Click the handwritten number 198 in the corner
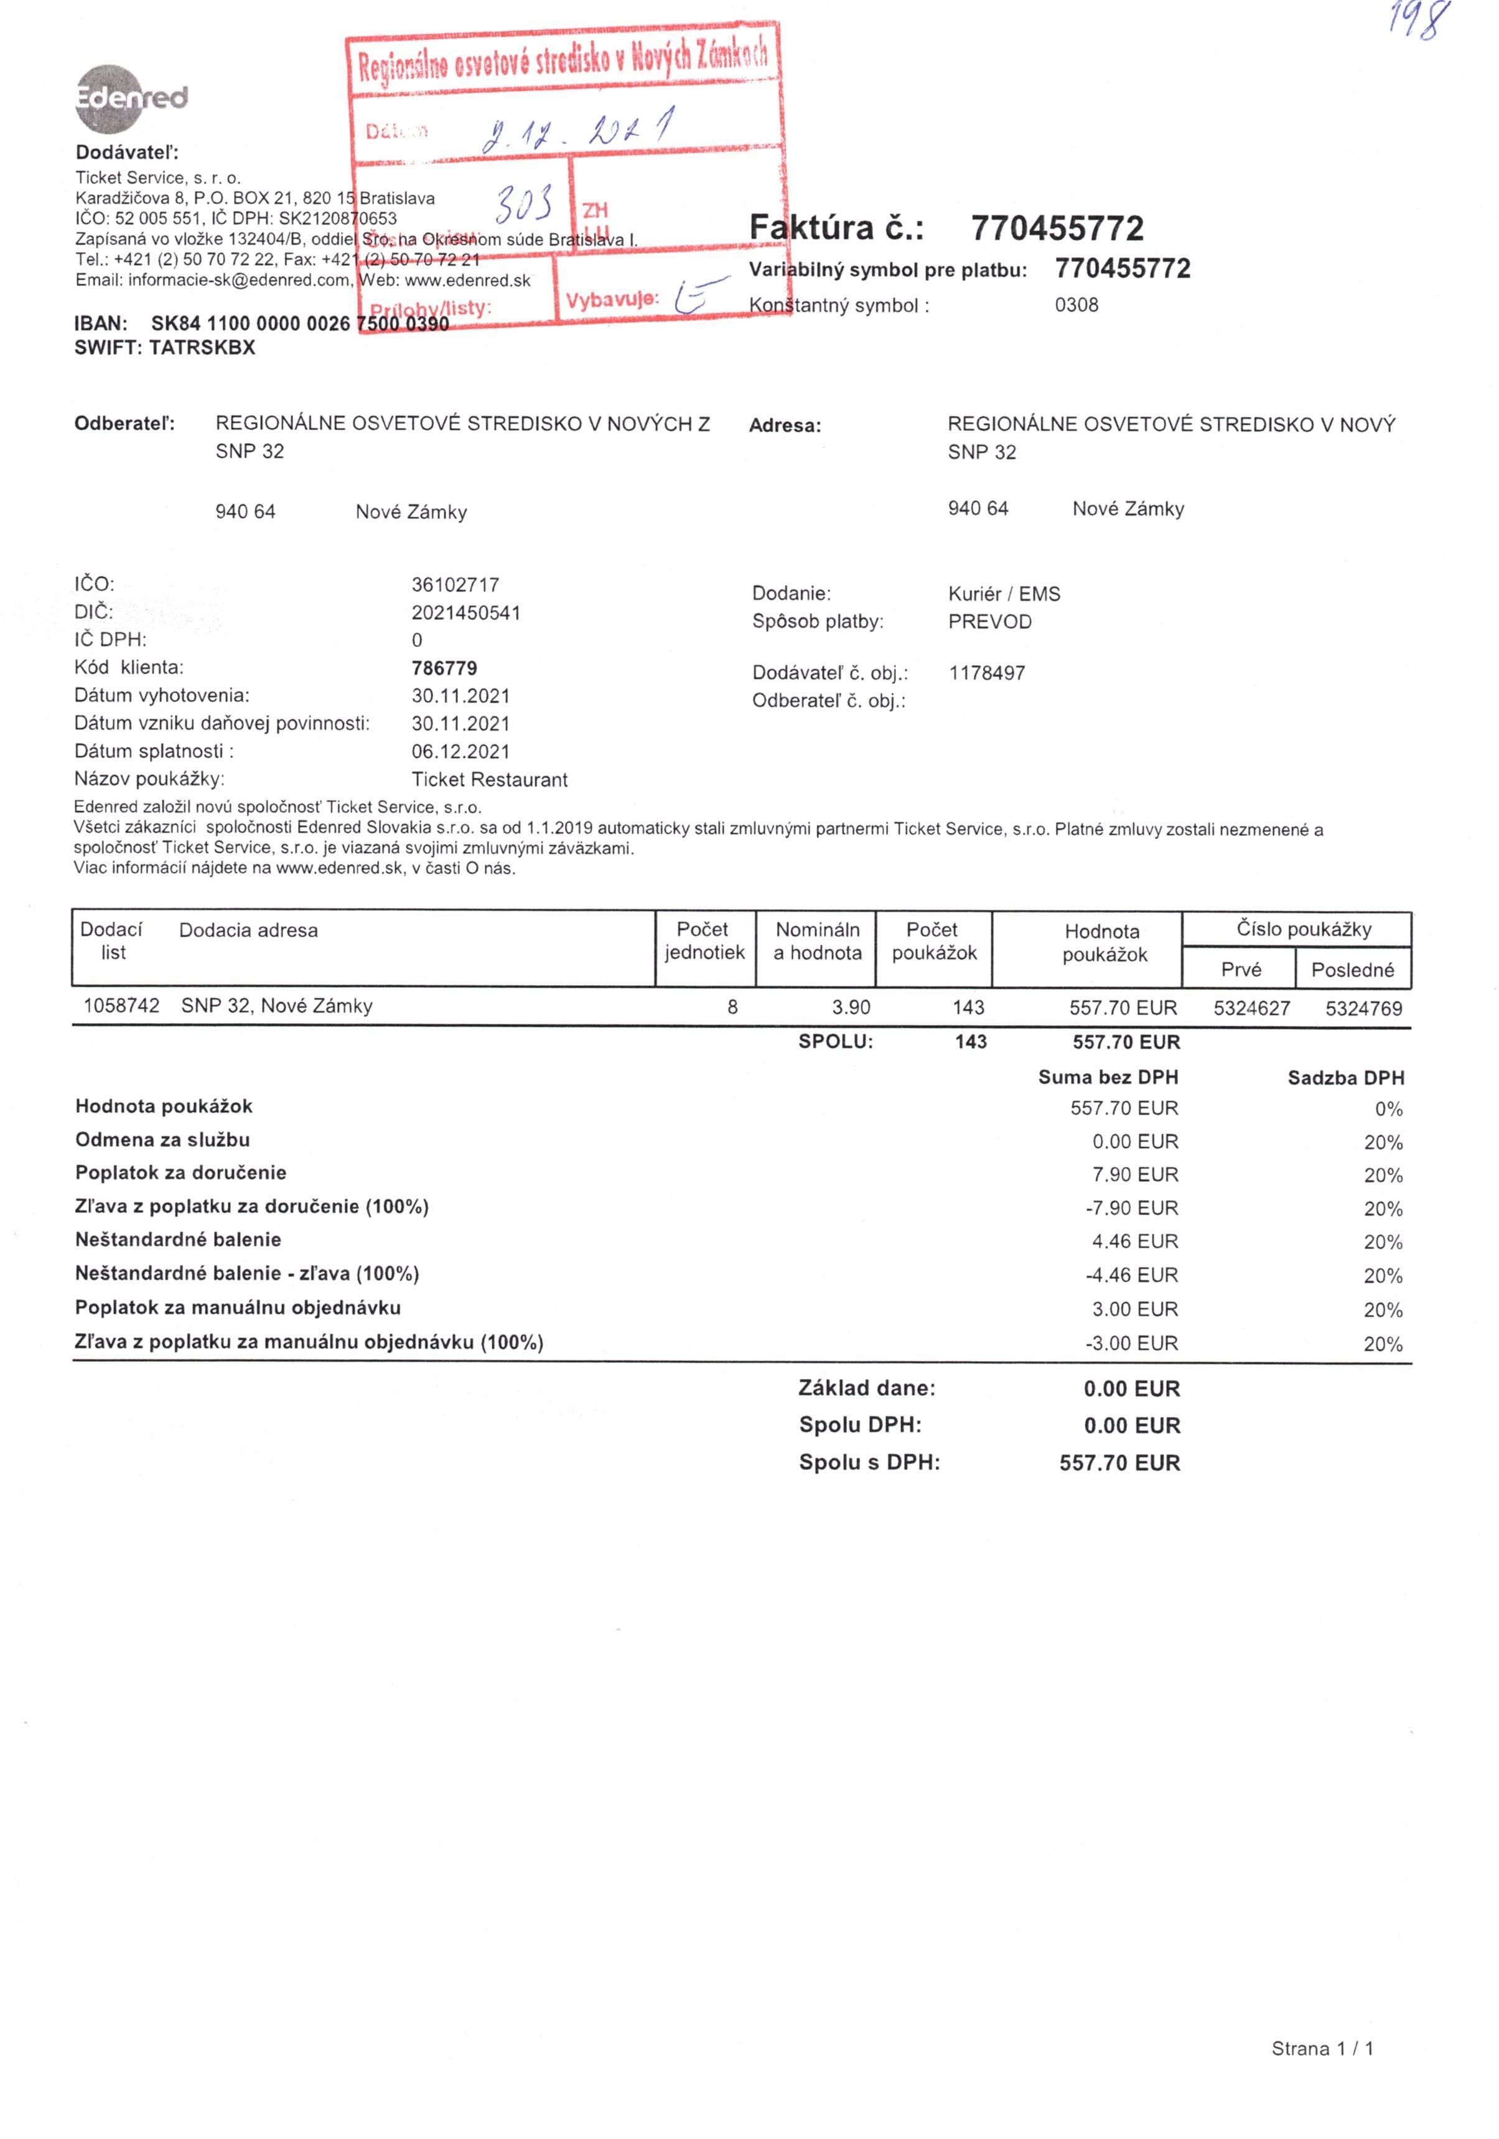[1419, 21]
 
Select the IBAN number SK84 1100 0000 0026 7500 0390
[299, 323]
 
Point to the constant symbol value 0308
[1076, 305]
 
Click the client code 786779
[444, 668]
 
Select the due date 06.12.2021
[460, 751]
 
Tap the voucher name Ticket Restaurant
[489, 779]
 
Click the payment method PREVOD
[989, 621]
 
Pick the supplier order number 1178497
[987, 673]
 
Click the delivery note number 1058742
[121, 1005]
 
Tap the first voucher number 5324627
[1251, 1007]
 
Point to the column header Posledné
[1352, 970]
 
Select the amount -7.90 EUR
[1131, 1207]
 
